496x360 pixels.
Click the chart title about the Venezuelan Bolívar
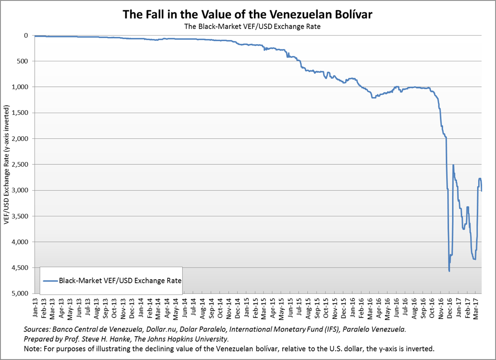pyautogui.click(x=248, y=14)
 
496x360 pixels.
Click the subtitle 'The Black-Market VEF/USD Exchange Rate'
pyautogui.click(x=248, y=26)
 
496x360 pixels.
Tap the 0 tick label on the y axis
pyautogui.click(x=24, y=36)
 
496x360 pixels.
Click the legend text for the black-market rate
pyautogui.click(x=120, y=280)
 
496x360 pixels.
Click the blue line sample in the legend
pyautogui.click(x=50, y=280)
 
